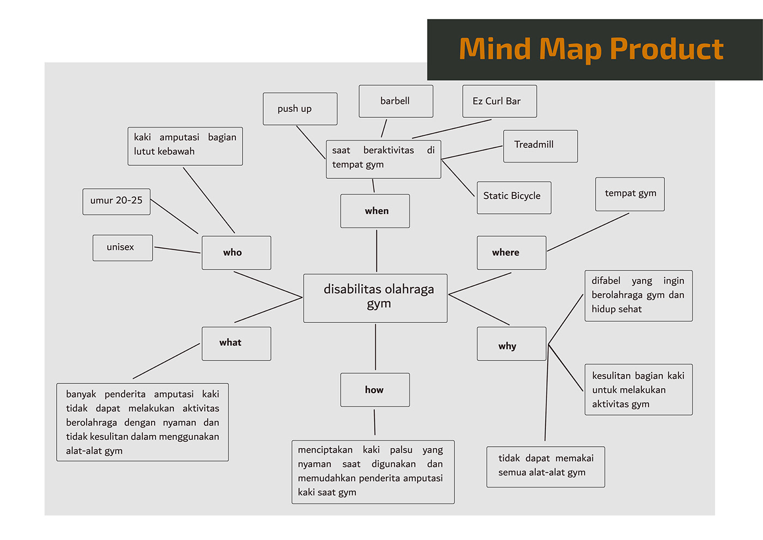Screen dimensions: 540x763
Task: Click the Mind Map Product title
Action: click(x=591, y=49)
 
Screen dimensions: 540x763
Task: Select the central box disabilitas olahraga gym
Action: click(x=376, y=298)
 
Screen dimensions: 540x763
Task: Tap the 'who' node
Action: click(x=236, y=253)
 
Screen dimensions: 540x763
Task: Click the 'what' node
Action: click(x=236, y=343)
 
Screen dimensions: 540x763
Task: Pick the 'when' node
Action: click(x=375, y=211)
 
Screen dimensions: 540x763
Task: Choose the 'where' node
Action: click(x=511, y=253)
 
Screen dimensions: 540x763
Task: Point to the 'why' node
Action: click(x=511, y=344)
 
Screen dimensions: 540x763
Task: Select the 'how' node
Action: click(x=375, y=389)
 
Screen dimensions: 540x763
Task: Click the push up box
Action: click(x=300, y=109)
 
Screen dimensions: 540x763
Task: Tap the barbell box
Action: click(x=396, y=101)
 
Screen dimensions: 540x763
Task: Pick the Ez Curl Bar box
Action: click(x=499, y=101)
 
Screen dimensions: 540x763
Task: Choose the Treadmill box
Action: click(x=540, y=146)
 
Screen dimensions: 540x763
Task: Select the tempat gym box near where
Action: click(x=629, y=194)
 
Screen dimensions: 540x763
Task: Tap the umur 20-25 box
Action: click(x=116, y=201)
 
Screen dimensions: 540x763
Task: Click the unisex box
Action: click(x=123, y=248)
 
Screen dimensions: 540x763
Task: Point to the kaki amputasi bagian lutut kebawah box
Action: click(x=185, y=146)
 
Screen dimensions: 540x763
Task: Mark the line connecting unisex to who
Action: click(x=177, y=250)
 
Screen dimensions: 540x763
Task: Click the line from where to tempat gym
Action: click(x=588, y=232)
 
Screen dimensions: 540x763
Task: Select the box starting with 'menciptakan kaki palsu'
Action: click(x=373, y=471)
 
